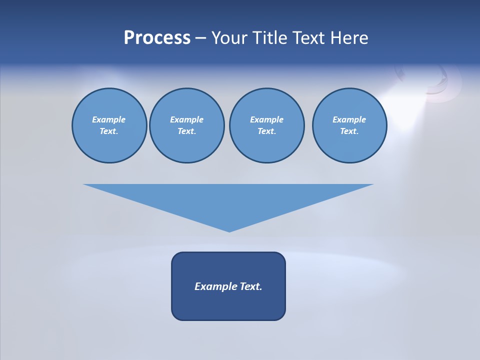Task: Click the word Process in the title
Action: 157,38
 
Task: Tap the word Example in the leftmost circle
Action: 109,119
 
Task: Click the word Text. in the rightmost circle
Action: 349,131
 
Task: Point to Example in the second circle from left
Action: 186,119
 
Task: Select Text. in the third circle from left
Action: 266,131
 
